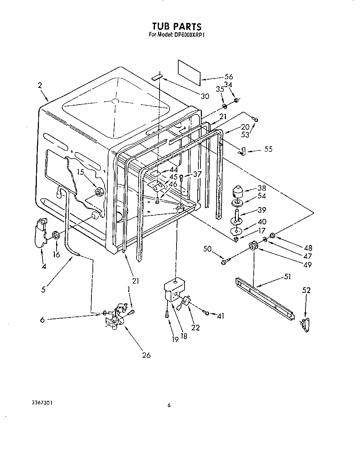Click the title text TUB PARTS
pos(177,26)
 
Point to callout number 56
pos(228,77)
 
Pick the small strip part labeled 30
pos(157,76)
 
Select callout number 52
pos(306,290)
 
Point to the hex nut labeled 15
pos(98,191)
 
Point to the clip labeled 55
pos(242,150)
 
